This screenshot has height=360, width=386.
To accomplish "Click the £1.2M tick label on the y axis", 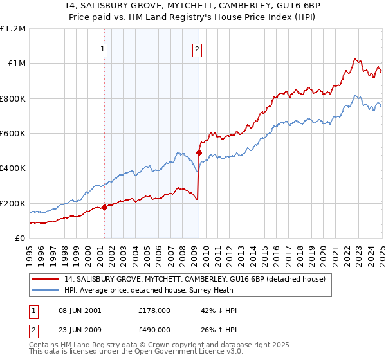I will click(13, 28).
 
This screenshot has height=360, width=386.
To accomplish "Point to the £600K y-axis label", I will click(13, 134).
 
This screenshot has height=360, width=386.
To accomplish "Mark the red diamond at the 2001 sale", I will click(104, 207).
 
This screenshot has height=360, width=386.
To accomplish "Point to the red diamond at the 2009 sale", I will click(199, 153).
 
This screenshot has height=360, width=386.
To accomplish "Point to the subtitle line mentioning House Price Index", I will click(192, 18).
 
